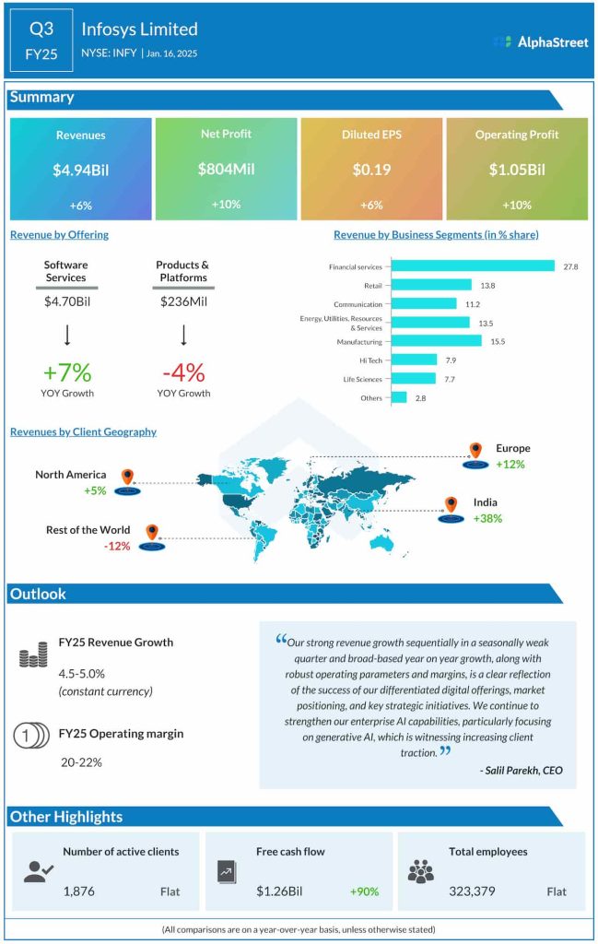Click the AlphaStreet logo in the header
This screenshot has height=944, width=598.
tap(540, 42)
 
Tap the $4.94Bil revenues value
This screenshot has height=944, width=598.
tap(80, 170)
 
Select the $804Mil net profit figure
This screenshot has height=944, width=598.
tap(226, 169)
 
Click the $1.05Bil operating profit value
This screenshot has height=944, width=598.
tap(517, 170)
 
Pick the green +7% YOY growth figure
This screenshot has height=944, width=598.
tap(66, 372)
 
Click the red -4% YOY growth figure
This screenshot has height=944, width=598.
tap(182, 372)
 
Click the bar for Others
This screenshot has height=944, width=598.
tap(398, 397)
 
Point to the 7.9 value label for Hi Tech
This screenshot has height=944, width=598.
tap(451, 360)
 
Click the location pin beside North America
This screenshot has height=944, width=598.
tap(127, 478)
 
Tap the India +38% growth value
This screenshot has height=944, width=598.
tap(487, 519)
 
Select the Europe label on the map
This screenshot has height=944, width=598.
tap(512, 448)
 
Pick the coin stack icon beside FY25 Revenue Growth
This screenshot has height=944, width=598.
tap(32, 657)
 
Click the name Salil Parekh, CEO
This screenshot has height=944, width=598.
tap(522, 770)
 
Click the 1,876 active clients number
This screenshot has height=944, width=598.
tap(80, 891)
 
